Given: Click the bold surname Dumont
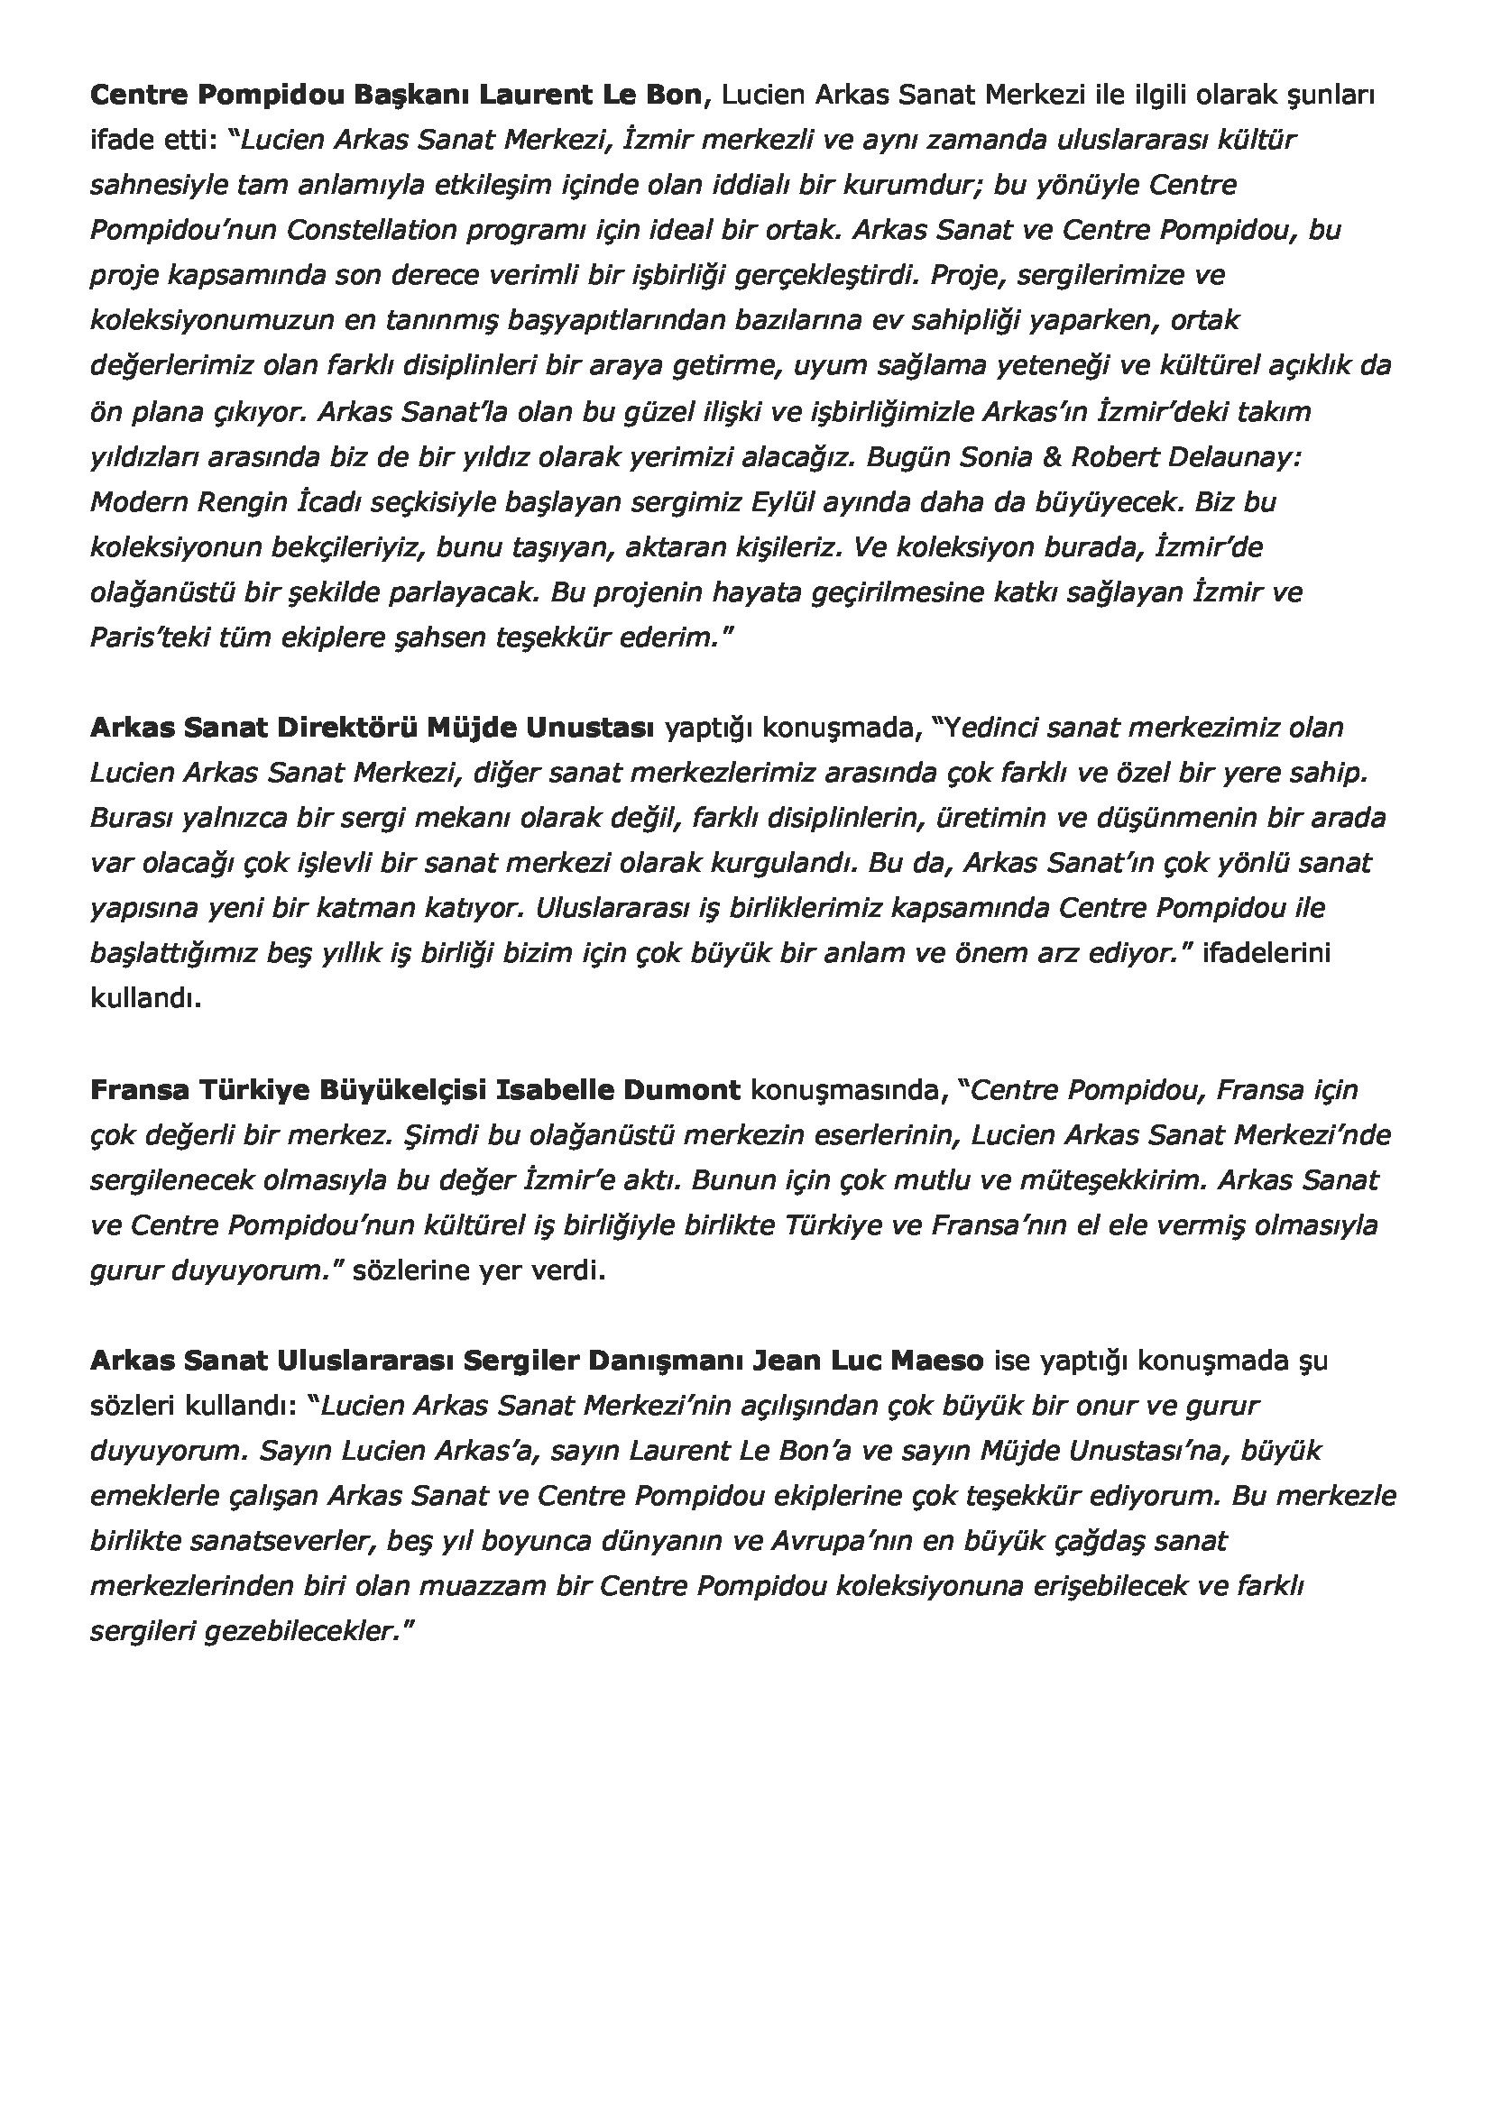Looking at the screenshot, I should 681,1090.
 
